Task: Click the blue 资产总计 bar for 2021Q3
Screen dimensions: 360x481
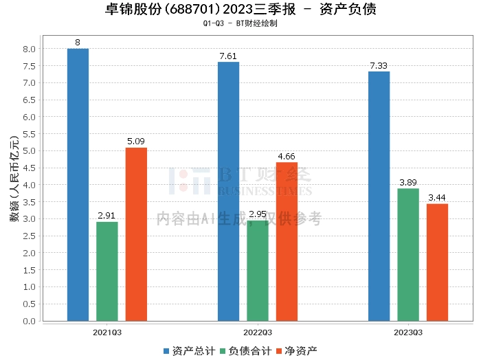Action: click(78, 185)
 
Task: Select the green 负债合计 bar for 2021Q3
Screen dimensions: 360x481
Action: click(107, 271)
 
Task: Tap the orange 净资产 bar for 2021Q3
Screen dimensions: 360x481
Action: click(136, 234)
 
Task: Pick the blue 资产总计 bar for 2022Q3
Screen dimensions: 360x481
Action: click(228, 192)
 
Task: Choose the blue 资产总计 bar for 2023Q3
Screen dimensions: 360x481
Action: click(379, 196)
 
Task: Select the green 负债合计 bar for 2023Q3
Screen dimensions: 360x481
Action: click(408, 255)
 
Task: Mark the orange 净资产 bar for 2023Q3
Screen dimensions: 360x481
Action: click(437, 262)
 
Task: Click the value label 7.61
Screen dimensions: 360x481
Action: click(228, 56)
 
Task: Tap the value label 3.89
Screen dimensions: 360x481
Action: click(408, 183)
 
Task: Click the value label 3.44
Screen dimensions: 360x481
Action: click(437, 198)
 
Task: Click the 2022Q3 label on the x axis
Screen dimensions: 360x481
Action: click(258, 332)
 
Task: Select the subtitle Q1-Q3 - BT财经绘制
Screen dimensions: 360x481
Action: click(240, 23)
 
